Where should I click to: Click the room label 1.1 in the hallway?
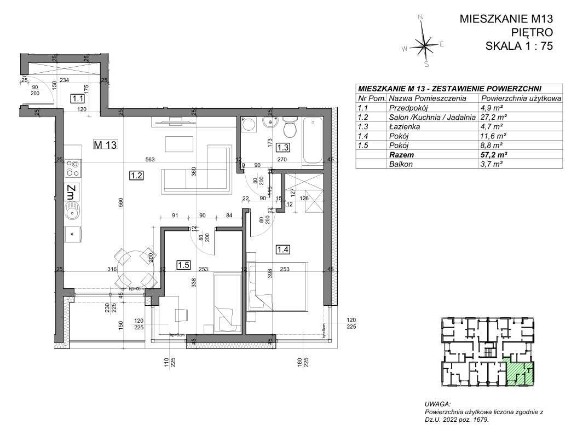click(x=77, y=99)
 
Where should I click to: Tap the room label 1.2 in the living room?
click(x=136, y=176)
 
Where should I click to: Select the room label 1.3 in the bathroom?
click(x=282, y=147)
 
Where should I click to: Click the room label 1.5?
click(x=183, y=265)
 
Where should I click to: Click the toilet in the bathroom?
click(x=290, y=129)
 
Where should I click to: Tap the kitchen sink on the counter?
click(x=71, y=210)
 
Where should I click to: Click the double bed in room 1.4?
click(x=277, y=286)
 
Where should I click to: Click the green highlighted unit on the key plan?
click(x=519, y=371)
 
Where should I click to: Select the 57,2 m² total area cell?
click(x=491, y=155)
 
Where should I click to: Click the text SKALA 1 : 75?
click(x=519, y=46)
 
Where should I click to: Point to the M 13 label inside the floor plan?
click(x=107, y=144)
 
